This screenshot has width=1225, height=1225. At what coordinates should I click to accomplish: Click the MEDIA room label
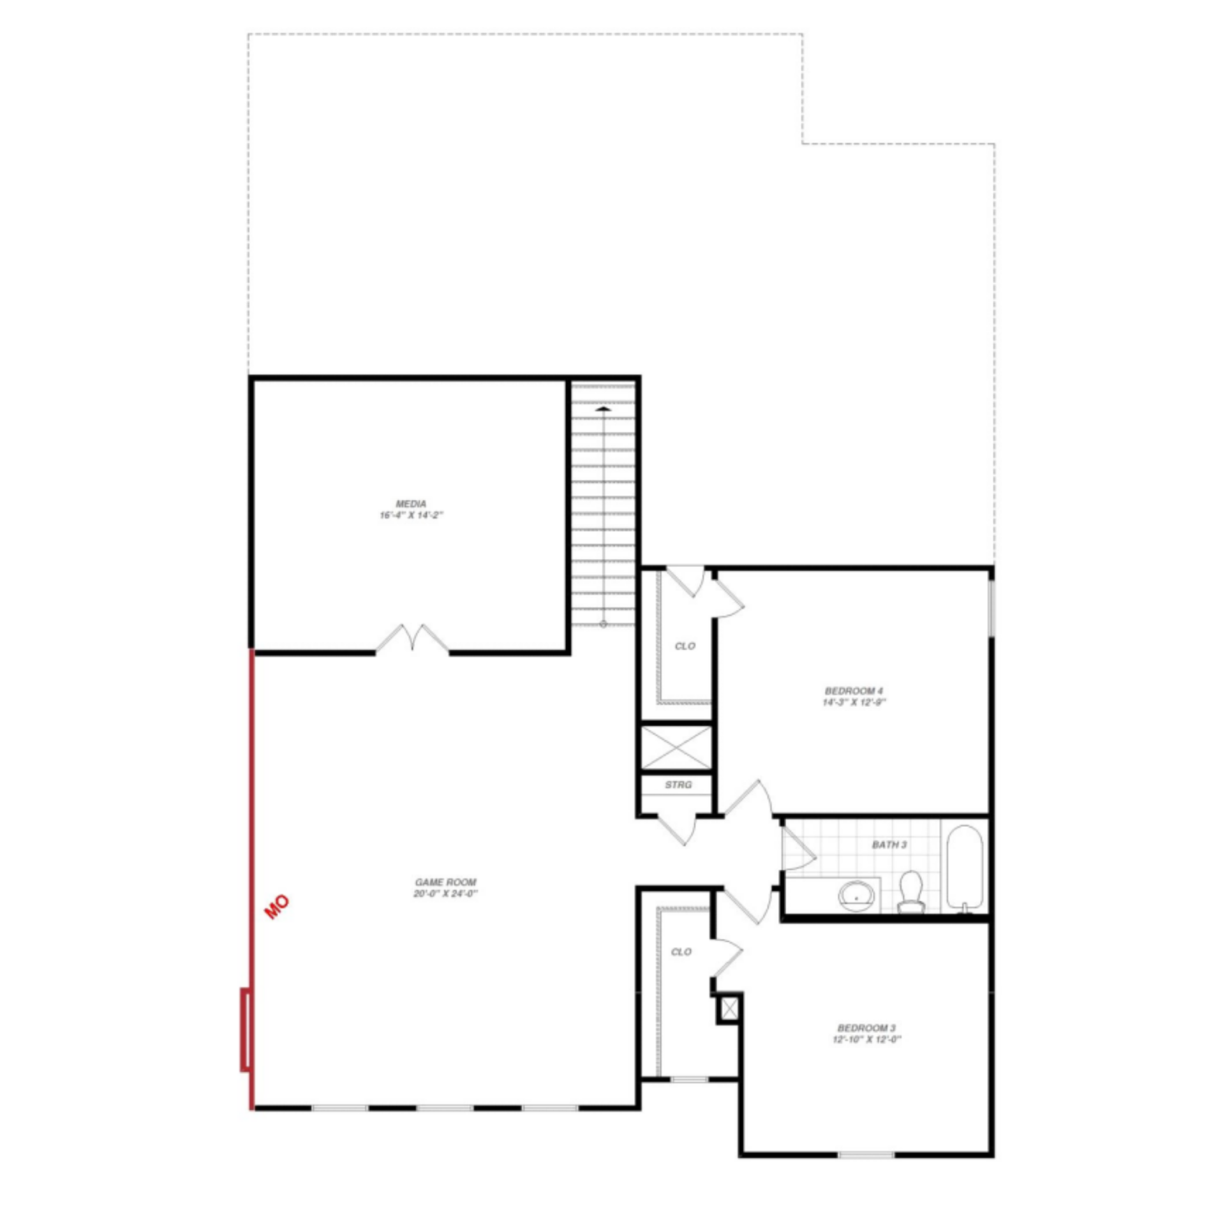pyautogui.click(x=411, y=503)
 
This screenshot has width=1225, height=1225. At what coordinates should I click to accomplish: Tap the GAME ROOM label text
pyautogui.click(x=445, y=882)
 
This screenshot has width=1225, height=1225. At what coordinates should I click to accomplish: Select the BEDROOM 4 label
pyautogui.click(x=854, y=691)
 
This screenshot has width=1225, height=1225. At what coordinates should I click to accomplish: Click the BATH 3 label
pyautogui.click(x=889, y=845)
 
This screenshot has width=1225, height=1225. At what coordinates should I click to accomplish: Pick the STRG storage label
pyautogui.click(x=678, y=785)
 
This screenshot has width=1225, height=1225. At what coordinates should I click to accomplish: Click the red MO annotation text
pyautogui.click(x=277, y=907)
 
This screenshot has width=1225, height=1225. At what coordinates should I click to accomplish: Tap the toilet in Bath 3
pyautogui.click(x=911, y=892)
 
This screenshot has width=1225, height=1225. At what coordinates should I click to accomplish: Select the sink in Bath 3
pyautogui.click(x=856, y=895)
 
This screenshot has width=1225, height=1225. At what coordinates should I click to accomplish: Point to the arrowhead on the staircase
pyautogui.click(x=603, y=408)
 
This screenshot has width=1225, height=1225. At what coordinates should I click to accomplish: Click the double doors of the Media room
pyautogui.click(x=412, y=638)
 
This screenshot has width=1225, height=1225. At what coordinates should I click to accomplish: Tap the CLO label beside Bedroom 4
pyautogui.click(x=685, y=646)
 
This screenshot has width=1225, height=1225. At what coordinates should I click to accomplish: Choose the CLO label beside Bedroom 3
pyautogui.click(x=681, y=952)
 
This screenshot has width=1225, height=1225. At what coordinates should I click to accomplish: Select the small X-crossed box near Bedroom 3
pyautogui.click(x=729, y=1009)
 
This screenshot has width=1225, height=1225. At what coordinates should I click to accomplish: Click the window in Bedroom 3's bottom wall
pyautogui.click(x=866, y=1154)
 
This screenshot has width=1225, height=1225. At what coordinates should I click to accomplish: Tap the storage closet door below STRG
pyautogui.click(x=678, y=829)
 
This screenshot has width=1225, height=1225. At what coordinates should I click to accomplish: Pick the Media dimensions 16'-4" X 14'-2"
pyautogui.click(x=411, y=516)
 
